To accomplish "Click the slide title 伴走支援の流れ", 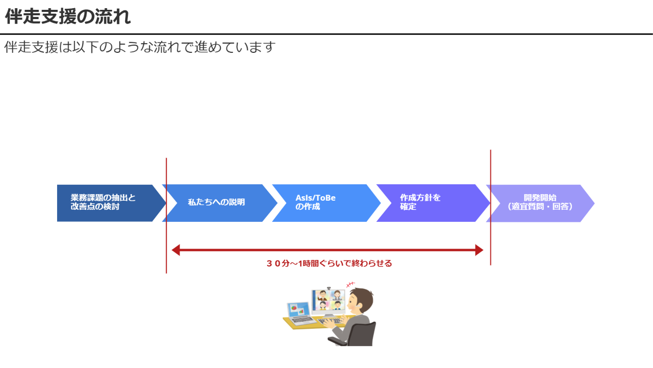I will coord(68,16).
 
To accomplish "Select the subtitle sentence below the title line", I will coord(140,47).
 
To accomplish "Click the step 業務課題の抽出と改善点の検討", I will coord(106,203).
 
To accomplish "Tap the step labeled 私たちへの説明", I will coord(217,203).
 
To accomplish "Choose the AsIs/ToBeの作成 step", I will coord(324,203).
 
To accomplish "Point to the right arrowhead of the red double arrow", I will coord(479,250).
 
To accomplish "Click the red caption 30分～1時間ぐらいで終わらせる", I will coord(329,263).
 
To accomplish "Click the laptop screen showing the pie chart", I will coord(298,310).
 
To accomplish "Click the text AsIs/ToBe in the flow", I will coord(316,198).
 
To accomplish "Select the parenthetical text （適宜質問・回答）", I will coord(540,207).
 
